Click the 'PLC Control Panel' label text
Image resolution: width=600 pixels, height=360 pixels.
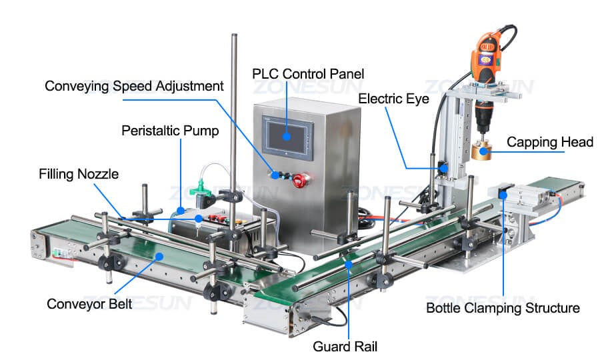point(308,74)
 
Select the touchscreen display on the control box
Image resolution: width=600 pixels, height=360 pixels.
point(287,137)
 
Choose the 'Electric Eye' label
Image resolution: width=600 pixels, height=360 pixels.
point(393,99)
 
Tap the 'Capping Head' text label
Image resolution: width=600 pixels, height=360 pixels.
point(550,142)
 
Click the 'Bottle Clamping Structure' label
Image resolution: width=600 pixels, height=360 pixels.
point(503,308)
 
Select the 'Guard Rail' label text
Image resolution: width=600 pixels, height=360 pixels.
point(345,346)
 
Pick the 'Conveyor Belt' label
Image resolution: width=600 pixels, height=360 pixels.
point(89,304)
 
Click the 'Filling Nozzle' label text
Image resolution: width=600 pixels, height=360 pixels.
point(79,174)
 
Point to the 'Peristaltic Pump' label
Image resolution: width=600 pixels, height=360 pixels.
point(170,131)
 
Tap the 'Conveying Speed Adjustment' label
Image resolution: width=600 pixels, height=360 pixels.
point(134,86)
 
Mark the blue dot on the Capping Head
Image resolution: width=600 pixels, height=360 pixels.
point(484,151)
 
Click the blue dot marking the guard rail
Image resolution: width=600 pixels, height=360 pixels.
point(348,265)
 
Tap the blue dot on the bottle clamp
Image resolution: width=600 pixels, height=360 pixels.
point(503,195)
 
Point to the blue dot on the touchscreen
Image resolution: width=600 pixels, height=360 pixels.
point(287,137)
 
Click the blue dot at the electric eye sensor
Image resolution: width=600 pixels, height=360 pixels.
point(443,167)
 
